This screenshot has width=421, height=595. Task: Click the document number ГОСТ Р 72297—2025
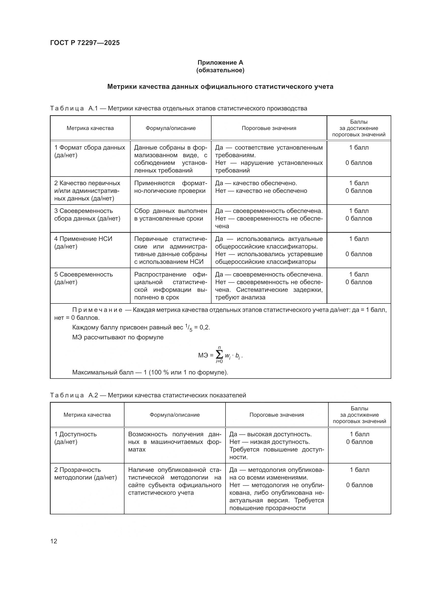85,43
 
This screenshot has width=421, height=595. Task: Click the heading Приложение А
220,63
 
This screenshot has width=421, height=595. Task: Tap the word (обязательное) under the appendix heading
220,70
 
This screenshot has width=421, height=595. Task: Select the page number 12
54,541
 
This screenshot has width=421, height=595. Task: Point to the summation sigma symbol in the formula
219,355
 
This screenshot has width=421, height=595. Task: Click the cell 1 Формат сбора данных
90,151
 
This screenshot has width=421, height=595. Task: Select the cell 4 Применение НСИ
83,242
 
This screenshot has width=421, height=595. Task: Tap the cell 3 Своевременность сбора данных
87,215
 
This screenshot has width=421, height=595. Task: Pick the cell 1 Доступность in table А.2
75,438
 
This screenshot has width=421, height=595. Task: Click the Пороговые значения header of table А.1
269,128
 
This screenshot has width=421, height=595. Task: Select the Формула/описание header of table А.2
174,415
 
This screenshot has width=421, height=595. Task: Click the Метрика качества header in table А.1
90,128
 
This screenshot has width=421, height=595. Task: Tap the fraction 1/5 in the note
189,328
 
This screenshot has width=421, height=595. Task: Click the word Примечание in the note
97,310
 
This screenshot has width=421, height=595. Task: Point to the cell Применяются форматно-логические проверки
170,187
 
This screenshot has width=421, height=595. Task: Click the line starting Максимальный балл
150,372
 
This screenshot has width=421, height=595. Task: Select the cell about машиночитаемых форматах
174,442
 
